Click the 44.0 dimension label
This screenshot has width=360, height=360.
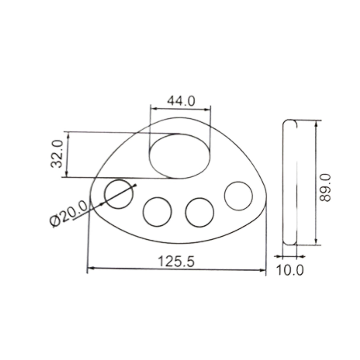pyautogui.click(x=181, y=101)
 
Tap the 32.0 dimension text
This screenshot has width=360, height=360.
pyautogui.click(x=56, y=154)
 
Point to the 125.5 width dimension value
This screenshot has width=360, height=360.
pyautogui.click(x=176, y=261)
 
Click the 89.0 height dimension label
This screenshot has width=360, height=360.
pyautogui.click(x=325, y=188)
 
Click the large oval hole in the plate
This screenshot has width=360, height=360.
pyautogui.click(x=180, y=156)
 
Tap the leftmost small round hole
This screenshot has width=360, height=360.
pyautogui.click(x=119, y=194)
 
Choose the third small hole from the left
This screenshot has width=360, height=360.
pyautogui.click(x=200, y=213)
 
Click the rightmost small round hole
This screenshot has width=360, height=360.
pyautogui.click(x=239, y=196)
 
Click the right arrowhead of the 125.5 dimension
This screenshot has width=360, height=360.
pyautogui.click(x=263, y=270)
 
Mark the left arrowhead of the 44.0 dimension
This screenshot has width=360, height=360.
pyautogui.click(x=153, y=109)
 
